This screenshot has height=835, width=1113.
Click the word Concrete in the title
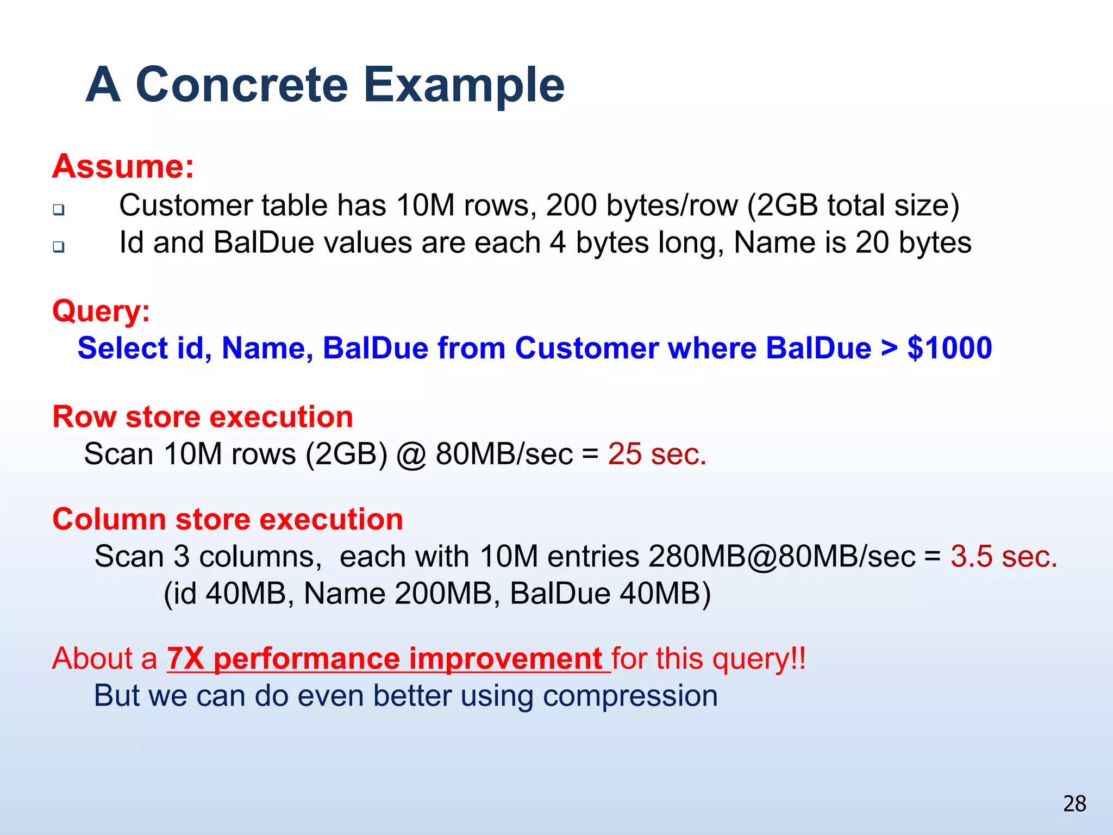(x=241, y=85)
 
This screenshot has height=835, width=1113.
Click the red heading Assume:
(x=123, y=166)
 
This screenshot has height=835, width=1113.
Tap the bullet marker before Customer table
(x=59, y=209)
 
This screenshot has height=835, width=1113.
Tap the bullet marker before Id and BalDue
(x=59, y=247)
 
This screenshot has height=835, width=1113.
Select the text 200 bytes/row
(x=642, y=206)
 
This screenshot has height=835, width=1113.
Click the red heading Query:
(x=101, y=311)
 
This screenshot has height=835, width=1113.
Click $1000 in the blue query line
(x=949, y=348)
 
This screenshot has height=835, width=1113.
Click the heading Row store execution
(x=203, y=417)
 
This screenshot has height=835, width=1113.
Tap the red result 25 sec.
(x=656, y=454)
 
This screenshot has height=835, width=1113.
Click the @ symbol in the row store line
(x=411, y=455)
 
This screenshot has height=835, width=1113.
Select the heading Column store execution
(x=228, y=519)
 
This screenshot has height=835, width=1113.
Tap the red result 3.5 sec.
(x=1004, y=557)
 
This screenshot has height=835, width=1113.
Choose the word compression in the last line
(x=630, y=696)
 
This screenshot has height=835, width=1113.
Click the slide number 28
(x=1074, y=803)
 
